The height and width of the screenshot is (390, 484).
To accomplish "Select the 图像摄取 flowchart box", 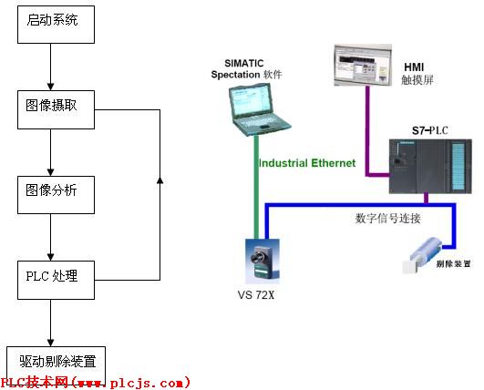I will click(x=57, y=107).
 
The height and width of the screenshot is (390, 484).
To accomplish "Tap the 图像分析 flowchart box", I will click(x=57, y=192).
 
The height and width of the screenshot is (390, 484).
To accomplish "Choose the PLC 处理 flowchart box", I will click(x=57, y=277).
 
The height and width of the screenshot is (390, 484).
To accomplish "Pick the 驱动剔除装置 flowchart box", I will click(x=57, y=359).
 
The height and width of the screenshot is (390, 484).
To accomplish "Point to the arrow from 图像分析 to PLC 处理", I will click(x=53, y=236).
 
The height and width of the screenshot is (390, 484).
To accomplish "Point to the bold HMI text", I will click(x=414, y=67).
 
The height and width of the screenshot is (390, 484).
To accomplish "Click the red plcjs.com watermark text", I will click(x=95, y=383).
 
